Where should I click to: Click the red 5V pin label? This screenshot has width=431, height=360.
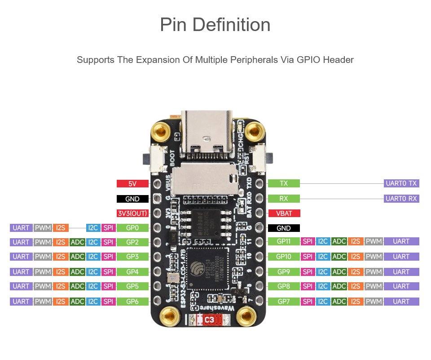[x=132, y=183]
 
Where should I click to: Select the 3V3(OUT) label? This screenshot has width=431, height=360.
[x=132, y=213]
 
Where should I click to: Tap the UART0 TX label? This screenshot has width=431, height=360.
[x=401, y=183]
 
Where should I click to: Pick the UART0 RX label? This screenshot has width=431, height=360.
[x=401, y=198]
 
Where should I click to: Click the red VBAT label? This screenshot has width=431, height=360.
[x=284, y=213]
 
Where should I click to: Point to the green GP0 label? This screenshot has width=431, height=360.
[x=132, y=228]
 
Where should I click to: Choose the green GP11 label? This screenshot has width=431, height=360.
[x=284, y=241]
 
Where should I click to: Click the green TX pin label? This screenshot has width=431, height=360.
[x=284, y=183]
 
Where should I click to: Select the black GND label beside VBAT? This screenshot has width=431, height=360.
[x=284, y=228]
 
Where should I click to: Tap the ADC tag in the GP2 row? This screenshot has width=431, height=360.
[x=77, y=242]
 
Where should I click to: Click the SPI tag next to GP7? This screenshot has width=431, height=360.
[x=308, y=302]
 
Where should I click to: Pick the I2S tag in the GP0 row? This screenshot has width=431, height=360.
[x=60, y=228]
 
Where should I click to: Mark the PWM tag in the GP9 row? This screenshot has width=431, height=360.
[x=374, y=272]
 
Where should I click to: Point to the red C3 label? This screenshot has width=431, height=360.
[x=209, y=320]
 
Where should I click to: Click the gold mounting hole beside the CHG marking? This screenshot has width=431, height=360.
[x=256, y=131]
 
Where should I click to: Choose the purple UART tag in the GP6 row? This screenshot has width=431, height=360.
[x=21, y=302]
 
